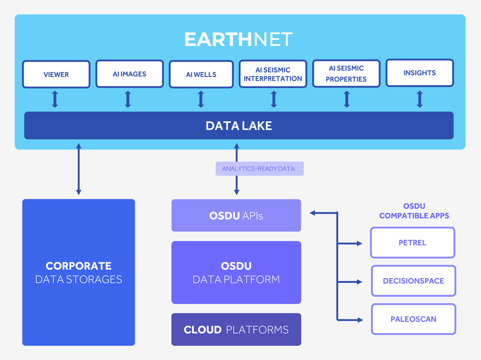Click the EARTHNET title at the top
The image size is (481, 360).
click(239, 39)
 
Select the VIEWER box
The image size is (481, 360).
click(56, 74)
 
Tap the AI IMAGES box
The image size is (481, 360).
click(129, 74)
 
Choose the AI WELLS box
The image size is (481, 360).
click(201, 74)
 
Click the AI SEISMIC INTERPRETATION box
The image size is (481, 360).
click(273, 74)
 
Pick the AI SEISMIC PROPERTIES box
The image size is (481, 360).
click(346, 74)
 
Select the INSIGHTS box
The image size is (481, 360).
click(419, 73)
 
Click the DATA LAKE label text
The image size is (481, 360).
click(239, 126)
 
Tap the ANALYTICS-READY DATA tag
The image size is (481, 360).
click(260, 169)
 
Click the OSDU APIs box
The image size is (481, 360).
click(236, 216)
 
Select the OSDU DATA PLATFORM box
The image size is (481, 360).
click(236, 272)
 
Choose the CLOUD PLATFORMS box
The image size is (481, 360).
click(236, 330)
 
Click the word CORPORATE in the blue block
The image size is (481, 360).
click(78, 266)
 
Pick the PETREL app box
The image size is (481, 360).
click(413, 243)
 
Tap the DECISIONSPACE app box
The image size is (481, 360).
click(413, 281)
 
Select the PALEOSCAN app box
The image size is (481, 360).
click(413, 319)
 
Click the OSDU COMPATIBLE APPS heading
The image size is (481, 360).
click(414, 211)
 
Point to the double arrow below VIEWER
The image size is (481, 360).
click(55, 99)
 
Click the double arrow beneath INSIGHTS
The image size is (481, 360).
click(419, 99)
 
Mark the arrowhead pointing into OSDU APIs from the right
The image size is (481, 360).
click(313, 213)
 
